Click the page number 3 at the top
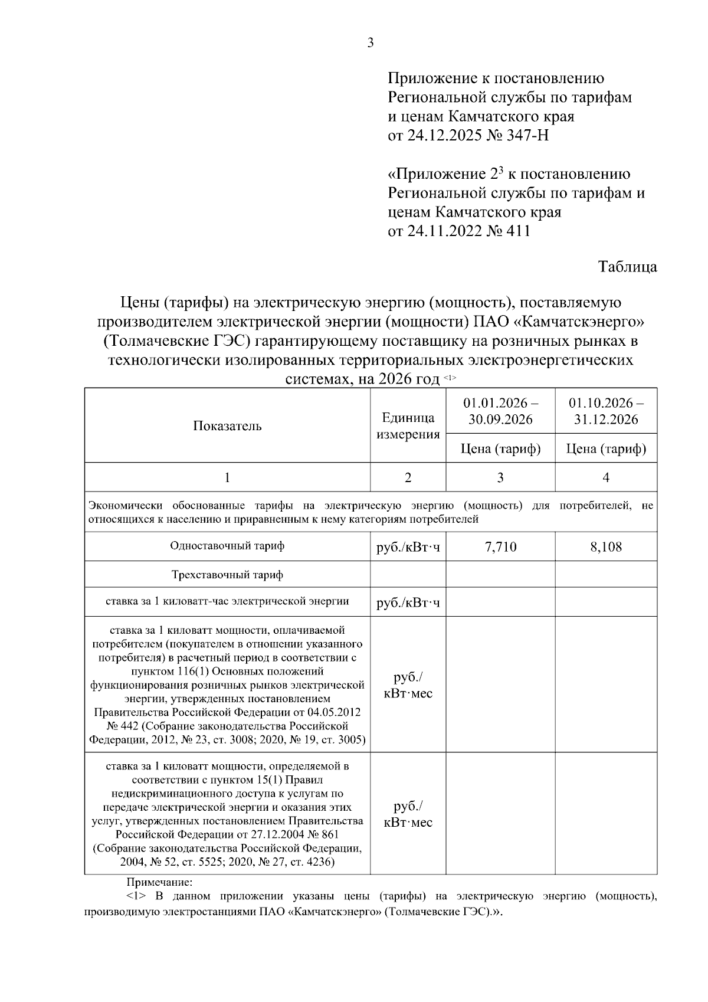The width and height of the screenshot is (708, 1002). [x=371, y=42]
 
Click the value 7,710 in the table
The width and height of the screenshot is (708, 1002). [x=500, y=547]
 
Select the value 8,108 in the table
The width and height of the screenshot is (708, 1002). [x=606, y=547]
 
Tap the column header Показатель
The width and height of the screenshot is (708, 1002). [x=227, y=426]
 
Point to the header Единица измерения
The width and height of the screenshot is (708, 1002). [x=408, y=426]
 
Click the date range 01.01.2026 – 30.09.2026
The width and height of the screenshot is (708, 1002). [x=500, y=411]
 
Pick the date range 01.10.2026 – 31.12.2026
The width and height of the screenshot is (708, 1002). [x=606, y=411]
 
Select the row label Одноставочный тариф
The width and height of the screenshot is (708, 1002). [x=227, y=546]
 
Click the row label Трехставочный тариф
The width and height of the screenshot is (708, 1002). [x=227, y=574]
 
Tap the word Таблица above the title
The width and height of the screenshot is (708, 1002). [x=628, y=267]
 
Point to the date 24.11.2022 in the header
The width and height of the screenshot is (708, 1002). [x=444, y=231]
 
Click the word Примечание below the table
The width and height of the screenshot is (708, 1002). [x=159, y=883]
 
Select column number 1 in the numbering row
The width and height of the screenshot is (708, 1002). [x=227, y=477]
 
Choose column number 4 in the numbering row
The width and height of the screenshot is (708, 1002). [x=606, y=477]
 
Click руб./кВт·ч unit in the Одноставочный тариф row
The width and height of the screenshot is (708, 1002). [x=408, y=548]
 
